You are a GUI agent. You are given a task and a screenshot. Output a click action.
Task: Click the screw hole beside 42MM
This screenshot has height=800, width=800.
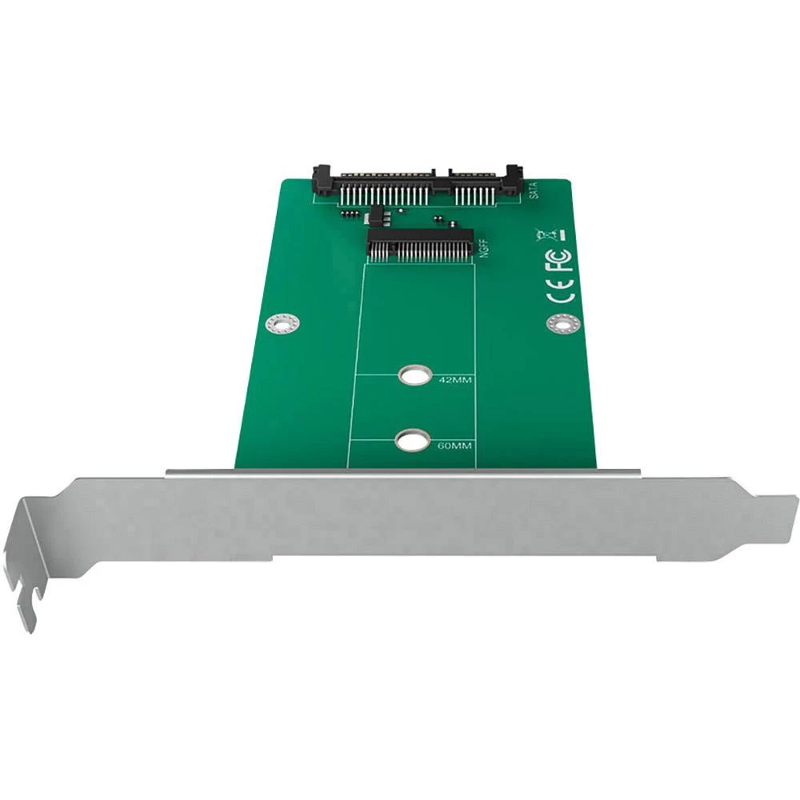[414, 375]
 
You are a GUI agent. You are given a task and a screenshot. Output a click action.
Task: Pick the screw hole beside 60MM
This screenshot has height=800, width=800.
[411, 440]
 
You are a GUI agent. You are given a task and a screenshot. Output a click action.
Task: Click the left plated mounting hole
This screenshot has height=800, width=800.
[282, 323]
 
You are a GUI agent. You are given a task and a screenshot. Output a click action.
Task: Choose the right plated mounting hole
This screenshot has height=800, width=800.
[562, 322]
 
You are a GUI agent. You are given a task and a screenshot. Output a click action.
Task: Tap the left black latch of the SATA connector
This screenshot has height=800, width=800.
[322, 180]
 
